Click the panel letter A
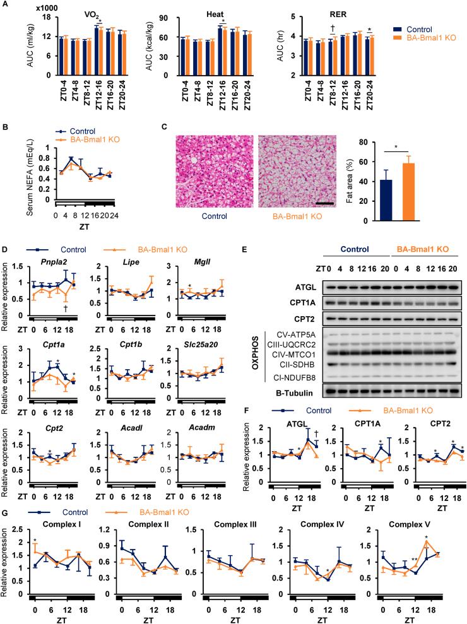(x=5, y=6)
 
